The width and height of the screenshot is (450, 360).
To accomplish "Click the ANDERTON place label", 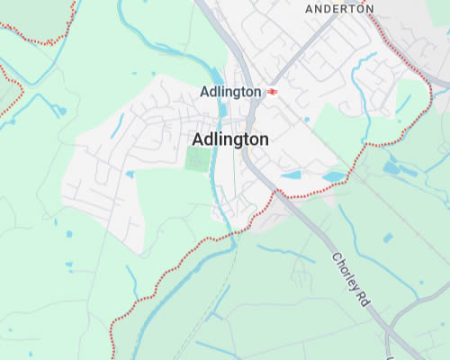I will (x=339, y=8).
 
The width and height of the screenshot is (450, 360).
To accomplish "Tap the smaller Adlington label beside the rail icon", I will (x=230, y=92).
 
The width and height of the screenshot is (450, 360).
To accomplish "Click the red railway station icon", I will (x=273, y=92).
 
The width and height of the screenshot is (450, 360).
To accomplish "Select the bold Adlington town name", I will (x=230, y=139).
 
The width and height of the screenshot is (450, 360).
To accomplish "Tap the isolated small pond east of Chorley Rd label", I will (x=388, y=238).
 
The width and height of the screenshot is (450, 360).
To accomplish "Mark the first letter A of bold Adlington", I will (x=198, y=139).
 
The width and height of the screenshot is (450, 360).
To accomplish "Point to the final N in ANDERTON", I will (x=369, y=8).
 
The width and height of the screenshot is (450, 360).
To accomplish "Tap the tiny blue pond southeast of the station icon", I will (x=307, y=119).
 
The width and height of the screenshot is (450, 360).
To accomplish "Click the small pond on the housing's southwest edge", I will (x=130, y=174).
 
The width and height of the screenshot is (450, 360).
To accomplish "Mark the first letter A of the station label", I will (x=203, y=92).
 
